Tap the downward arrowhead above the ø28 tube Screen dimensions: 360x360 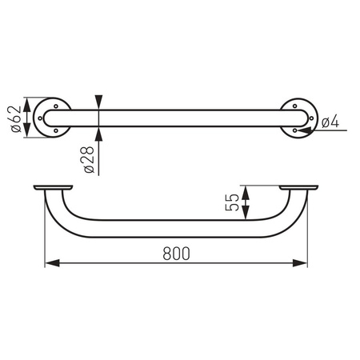[x=98, y=100]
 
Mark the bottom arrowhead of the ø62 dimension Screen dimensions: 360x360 [x=30, y=131]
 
